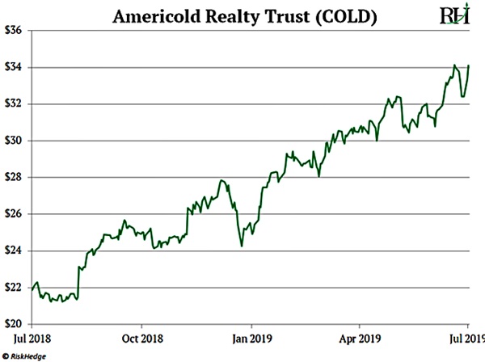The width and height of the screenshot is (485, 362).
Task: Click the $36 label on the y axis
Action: coord(13,30)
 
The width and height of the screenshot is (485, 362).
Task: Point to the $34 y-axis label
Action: coord(13,67)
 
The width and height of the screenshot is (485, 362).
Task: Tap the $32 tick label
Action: coord(13,103)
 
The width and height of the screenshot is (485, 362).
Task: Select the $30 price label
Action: coord(13,141)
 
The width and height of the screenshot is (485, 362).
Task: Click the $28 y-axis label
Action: coord(13,177)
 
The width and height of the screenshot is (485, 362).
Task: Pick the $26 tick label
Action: coord(13,214)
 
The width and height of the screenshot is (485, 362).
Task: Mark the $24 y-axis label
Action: coord(13,250)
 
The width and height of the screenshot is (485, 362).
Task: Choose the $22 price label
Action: coord(13,288)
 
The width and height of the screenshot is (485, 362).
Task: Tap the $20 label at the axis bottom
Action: coord(13,324)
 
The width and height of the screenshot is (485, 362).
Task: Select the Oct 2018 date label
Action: coord(141,339)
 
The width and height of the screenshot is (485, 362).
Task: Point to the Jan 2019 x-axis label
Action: coord(250,339)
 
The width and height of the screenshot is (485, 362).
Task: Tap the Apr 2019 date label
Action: coord(359,339)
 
